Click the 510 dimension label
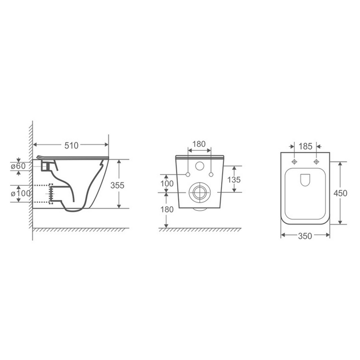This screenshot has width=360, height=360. coord(71,146)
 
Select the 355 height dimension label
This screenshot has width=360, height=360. coord(117,185)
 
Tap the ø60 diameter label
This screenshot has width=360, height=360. coord(18,166)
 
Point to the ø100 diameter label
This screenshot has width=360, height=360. coord(21,194)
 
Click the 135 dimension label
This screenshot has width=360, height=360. coord(234,180)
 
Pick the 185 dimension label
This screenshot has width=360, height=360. coord(305,146)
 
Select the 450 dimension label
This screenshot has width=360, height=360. coord(340,193)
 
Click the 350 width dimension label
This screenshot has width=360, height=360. coord(305,236)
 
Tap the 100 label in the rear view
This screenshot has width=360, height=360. coord(167,183)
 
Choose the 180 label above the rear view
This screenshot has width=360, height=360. coord(199,144)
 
